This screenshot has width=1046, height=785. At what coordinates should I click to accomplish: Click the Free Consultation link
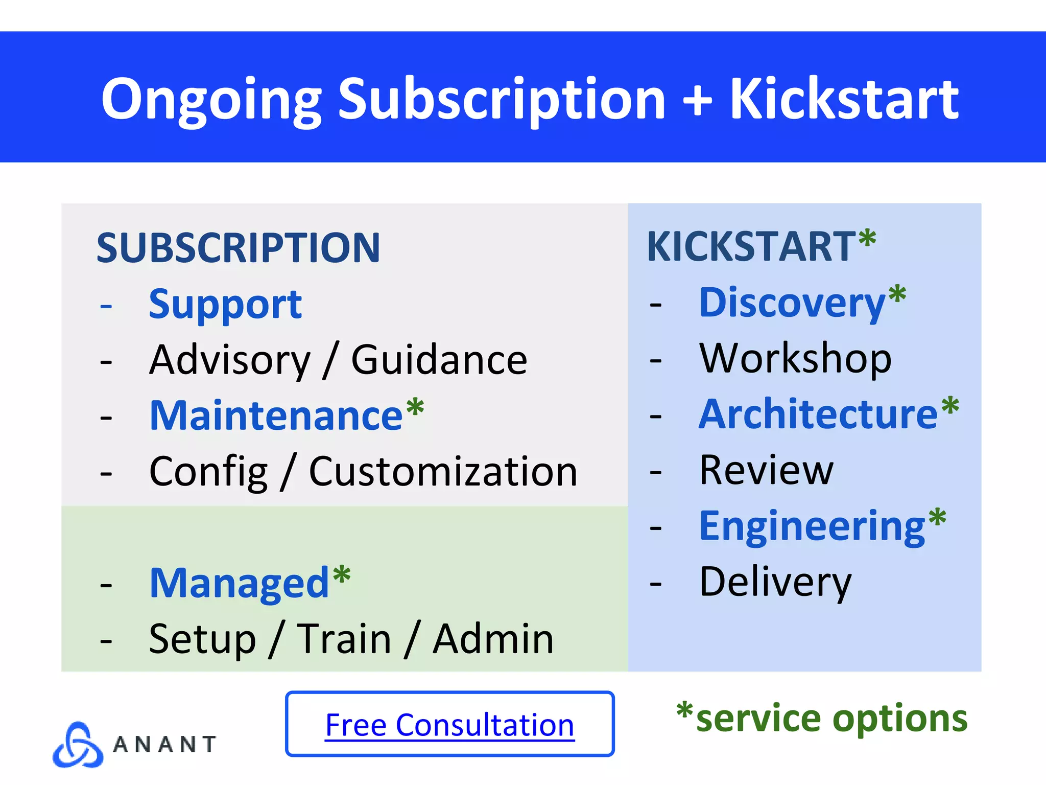click(x=449, y=725)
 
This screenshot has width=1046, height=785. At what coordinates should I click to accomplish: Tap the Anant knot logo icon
click(x=78, y=745)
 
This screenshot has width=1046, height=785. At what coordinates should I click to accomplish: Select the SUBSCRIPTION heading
click(x=239, y=248)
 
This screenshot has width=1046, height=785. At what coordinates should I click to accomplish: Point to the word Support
click(x=225, y=305)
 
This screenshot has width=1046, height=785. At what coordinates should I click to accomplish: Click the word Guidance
click(x=439, y=360)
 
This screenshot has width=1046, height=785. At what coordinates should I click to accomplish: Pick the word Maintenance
click(x=276, y=415)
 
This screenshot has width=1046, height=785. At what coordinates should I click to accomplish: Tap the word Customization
click(x=443, y=471)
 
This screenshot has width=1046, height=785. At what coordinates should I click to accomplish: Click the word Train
click(x=344, y=639)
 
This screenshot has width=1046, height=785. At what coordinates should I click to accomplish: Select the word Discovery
click(x=792, y=303)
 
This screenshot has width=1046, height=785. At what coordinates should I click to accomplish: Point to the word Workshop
click(x=795, y=358)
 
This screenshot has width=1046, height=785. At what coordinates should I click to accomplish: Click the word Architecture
click(x=818, y=414)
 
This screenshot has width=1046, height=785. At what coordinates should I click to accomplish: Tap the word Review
click(x=766, y=470)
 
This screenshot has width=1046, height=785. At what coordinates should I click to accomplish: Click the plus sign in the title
click(x=697, y=100)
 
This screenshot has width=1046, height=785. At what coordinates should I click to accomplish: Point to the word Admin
click(x=493, y=639)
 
